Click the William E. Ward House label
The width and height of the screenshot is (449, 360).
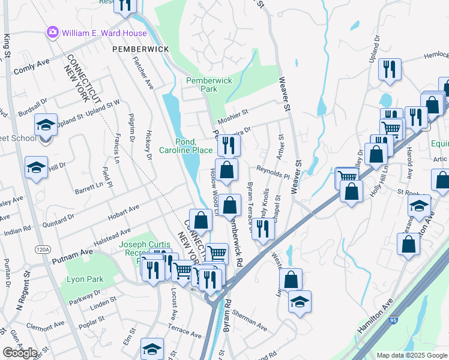click(x=97, y=31)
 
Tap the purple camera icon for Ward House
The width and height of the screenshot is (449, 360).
click(x=53, y=31)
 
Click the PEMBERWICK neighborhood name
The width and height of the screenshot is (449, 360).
click(x=137, y=48)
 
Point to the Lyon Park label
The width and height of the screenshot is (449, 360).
click(x=85, y=279)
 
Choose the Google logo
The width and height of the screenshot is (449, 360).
click(x=20, y=353)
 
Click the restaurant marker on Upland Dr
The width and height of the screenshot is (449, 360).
click(x=390, y=69)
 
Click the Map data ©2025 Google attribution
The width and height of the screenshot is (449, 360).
click(x=411, y=355)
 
